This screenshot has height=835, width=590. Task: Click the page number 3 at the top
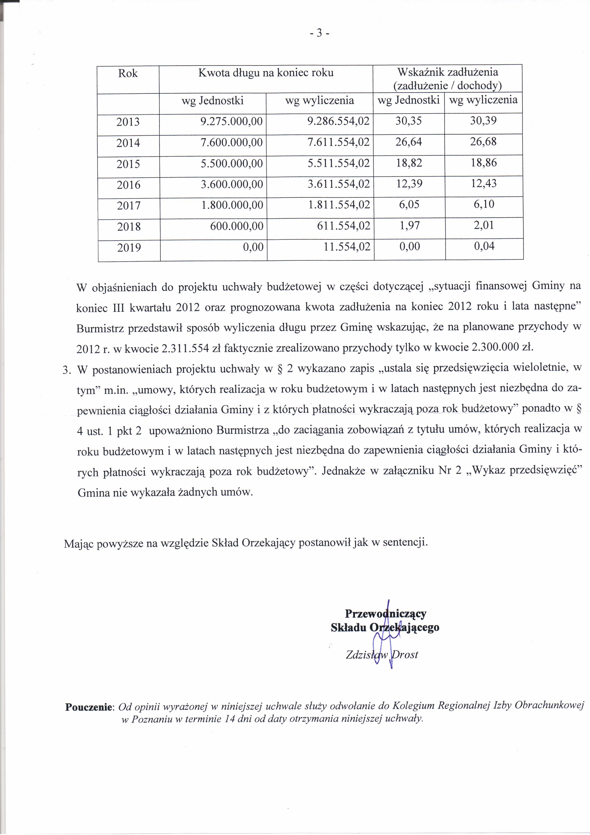[320, 33]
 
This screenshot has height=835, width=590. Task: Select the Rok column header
[128, 74]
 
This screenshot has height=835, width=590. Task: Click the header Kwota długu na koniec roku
[266, 73]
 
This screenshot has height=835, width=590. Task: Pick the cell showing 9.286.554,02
[338, 121]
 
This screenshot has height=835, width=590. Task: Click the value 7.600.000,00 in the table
[231, 142]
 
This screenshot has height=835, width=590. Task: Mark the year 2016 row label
[128, 185]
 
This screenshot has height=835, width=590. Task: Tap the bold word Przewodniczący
[385, 614]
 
